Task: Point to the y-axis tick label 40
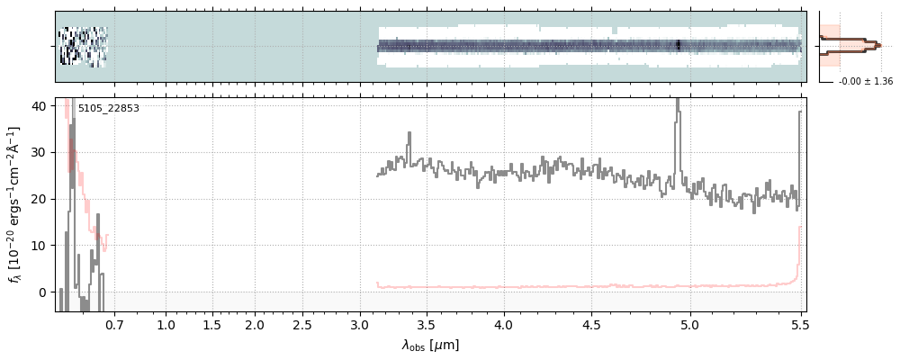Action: tap(40, 105)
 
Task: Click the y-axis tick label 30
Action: tap(40, 152)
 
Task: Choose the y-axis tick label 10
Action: tap(40, 246)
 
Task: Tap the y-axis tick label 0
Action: tap(43, 292)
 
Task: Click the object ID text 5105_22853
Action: tap(108, 109)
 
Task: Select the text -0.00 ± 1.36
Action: tap(865, 82)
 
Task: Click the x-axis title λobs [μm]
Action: tap(430, 345)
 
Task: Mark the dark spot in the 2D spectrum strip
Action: tap(678, 45)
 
